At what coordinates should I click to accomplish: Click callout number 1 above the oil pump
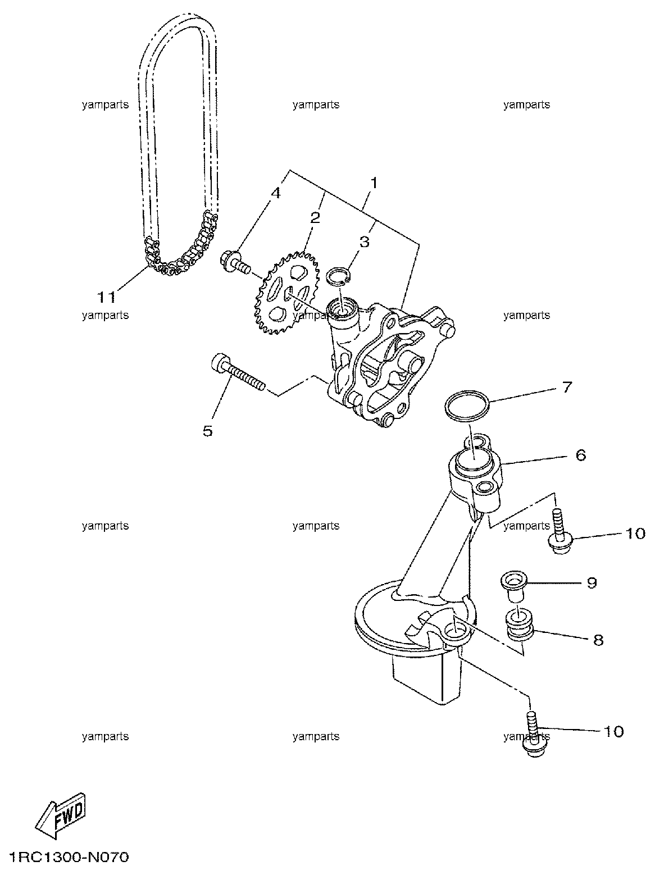coord(374,184)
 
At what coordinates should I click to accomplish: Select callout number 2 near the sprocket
coord(315,218)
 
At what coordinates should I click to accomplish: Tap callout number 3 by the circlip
coord(365,241)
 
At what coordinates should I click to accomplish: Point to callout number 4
coord(275,193)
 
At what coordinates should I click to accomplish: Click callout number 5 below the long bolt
coord(208,431)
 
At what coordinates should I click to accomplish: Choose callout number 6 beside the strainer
coord(581,455)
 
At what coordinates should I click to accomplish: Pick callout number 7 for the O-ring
coord(567,387)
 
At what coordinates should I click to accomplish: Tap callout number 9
coord(592,583)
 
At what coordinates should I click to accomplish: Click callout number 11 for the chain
coord(107,297)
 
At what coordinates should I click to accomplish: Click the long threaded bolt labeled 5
coord(238,372)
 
